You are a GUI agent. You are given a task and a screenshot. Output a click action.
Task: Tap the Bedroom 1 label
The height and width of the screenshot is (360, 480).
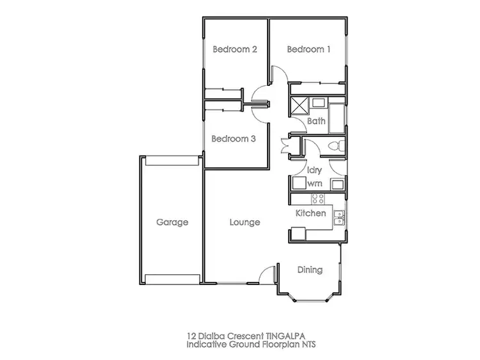pos(308,50)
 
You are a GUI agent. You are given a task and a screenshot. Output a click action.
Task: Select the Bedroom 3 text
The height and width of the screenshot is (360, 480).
pos(234,138)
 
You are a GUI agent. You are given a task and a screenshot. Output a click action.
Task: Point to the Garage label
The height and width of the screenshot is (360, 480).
pos(172,223)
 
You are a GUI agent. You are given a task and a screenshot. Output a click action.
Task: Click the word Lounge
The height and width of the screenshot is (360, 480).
pos(244,223)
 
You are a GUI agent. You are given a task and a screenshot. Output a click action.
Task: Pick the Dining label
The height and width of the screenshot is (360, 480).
pos(310,270)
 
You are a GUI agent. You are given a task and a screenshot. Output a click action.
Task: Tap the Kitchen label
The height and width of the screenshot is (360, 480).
pos(310,213)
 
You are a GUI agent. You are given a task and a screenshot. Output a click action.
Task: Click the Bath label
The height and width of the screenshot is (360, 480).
pos(316,120)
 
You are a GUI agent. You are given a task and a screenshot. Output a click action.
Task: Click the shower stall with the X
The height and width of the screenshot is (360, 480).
pos(300,104)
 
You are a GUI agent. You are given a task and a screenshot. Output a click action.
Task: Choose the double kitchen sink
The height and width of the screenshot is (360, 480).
pos(340,218)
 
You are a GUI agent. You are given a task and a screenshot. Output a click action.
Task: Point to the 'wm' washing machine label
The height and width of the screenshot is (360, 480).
pos(314,183)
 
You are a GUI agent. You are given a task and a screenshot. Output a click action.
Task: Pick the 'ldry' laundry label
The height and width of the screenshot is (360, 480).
pos(314,170)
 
